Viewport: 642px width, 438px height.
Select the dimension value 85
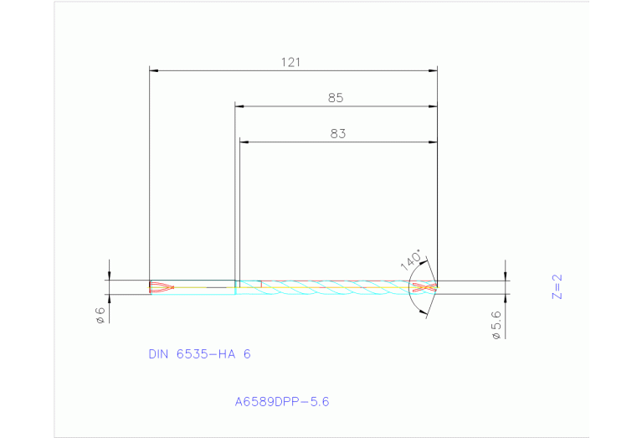336,98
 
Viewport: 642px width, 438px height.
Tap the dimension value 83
337,133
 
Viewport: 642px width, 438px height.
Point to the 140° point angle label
411,259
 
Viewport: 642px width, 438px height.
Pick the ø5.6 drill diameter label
496,324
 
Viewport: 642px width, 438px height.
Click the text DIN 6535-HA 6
199,354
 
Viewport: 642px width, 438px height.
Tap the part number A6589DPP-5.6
282,402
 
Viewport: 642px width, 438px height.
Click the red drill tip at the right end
426,287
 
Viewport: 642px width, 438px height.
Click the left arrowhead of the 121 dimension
153,70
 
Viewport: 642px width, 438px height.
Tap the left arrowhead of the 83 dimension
244,142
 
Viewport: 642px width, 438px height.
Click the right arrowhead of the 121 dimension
433,70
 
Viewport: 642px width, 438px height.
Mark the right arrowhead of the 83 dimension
433,142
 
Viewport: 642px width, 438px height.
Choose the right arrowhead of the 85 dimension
433,106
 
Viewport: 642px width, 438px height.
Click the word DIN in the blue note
158,354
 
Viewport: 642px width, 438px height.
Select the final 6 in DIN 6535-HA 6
247,354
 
